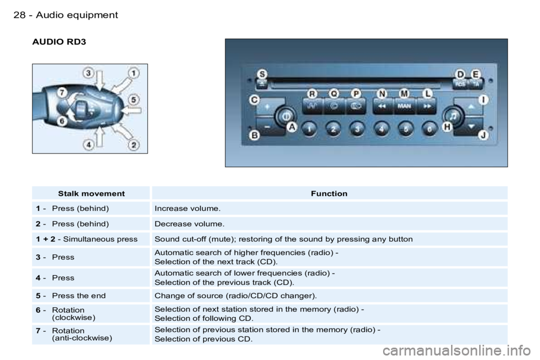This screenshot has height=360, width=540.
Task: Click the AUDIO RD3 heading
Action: point(59,42)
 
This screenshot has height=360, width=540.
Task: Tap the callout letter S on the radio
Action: point(263,74)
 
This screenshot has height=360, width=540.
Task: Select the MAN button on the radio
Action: point(404,106)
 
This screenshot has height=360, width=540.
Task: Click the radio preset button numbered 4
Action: point(381,129)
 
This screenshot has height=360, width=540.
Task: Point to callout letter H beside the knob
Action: point(447,127)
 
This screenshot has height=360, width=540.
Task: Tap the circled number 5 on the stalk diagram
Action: point(134,100)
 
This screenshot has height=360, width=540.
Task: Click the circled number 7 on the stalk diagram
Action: point(62,93)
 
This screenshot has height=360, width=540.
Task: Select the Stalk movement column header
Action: point(91,193)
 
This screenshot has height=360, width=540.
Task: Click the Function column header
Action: point(329,193)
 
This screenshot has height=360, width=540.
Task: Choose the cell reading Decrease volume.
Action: point(190,224)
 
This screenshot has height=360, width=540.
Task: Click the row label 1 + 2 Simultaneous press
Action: point(87,239)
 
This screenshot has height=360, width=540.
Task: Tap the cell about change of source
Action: point(236,295)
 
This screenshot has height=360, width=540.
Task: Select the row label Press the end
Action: point(79,295)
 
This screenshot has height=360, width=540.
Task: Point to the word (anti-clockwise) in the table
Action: point(82,338)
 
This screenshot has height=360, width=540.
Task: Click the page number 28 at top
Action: point(19,15)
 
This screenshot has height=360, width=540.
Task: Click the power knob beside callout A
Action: point(286,116)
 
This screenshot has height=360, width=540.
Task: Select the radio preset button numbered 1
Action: point(309,129)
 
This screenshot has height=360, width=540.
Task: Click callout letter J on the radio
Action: point(484,135)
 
